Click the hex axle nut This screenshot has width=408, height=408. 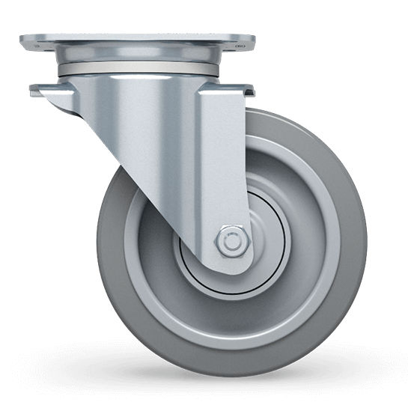(231, 243)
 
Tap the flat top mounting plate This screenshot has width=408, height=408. (136, 41)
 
